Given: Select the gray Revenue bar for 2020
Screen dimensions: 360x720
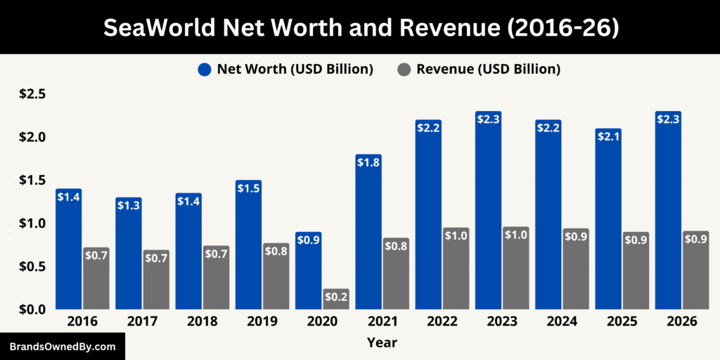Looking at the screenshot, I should click(x=336, y=299).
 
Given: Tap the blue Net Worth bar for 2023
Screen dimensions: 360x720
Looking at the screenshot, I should click(x=488, y=211).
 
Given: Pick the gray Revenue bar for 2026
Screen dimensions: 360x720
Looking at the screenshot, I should click(x=695, y=271).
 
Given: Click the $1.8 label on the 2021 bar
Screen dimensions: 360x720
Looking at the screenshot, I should click(x=368, y=163).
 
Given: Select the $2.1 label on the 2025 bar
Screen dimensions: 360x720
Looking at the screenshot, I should click(x=608, y=137).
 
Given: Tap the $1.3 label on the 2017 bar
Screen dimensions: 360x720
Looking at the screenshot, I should click(x=129, y=206).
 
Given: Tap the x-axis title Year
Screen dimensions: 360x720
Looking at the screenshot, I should click(x=382, y=342).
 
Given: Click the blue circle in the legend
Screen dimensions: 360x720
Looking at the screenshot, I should click(x=205, y=69).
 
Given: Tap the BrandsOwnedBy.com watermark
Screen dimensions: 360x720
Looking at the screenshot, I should click(x=63, y=347).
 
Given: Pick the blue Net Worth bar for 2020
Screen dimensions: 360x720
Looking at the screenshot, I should click(x=309, y=271).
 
